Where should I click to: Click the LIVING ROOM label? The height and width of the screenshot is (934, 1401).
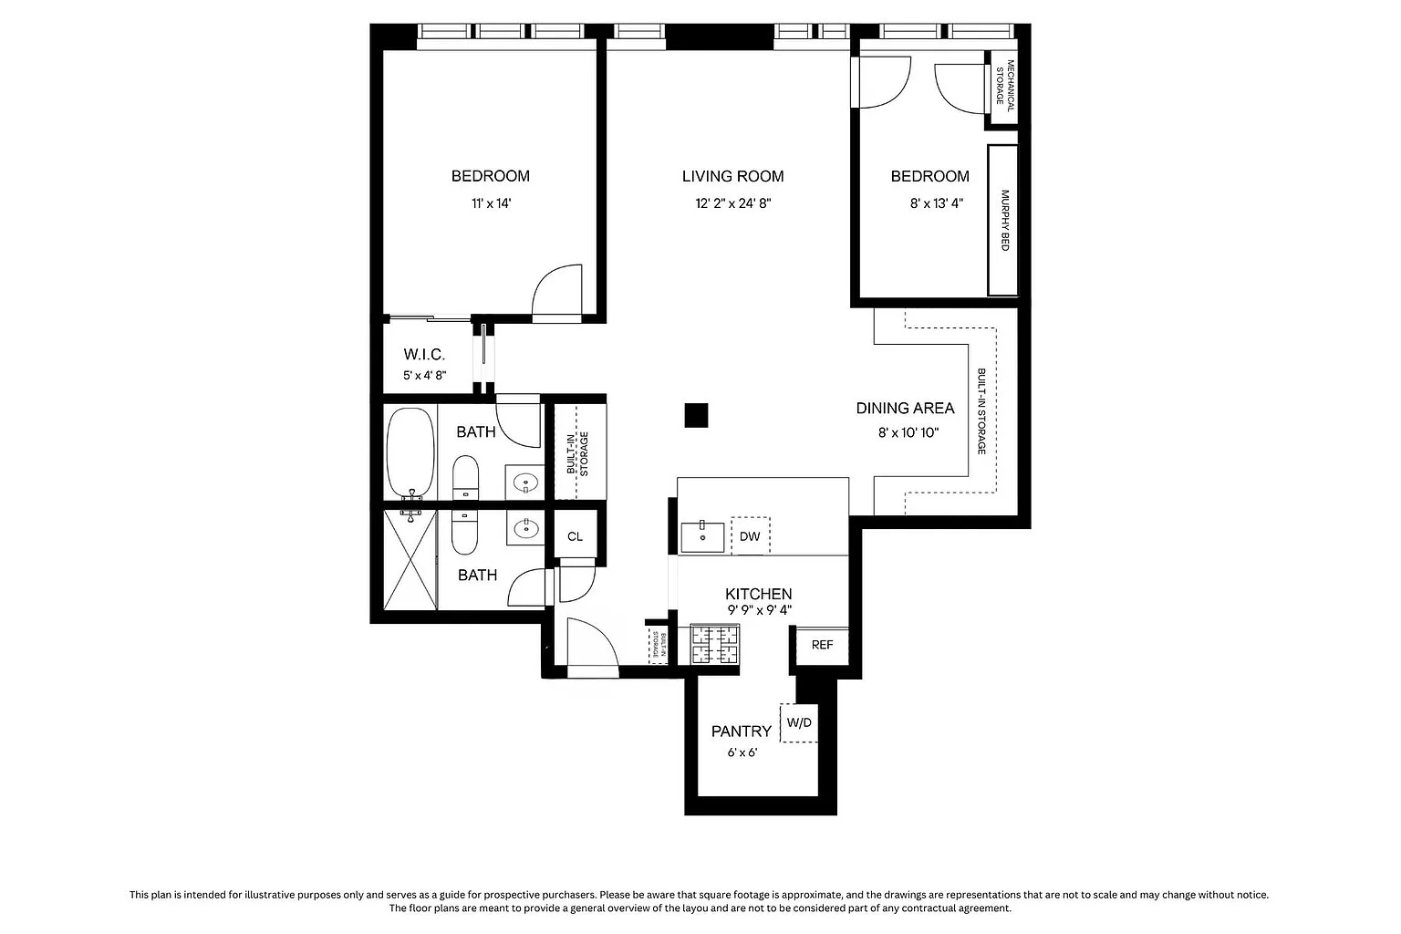732,176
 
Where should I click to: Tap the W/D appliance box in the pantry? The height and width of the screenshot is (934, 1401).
799,723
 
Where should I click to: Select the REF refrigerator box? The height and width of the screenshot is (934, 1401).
822,645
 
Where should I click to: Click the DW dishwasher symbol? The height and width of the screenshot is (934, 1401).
750,536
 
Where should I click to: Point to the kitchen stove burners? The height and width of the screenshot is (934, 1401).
714,644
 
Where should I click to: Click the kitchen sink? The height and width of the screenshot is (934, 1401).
702,536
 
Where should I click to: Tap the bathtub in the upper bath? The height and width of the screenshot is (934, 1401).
410,453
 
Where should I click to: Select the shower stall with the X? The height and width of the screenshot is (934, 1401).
410,560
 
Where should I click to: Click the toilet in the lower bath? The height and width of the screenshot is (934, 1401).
464,533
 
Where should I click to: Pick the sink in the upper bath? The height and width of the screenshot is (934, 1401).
525,483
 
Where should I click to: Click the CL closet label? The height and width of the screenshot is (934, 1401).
575,536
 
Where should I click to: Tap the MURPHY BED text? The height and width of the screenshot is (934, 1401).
1004,220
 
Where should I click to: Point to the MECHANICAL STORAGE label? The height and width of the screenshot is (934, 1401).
1005,82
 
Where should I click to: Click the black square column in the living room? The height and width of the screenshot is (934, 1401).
696,415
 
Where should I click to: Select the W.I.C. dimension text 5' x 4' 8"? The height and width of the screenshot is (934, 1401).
425,376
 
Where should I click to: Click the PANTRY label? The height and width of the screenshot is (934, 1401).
742,732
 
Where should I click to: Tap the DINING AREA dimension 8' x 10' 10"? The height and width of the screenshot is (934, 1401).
908,432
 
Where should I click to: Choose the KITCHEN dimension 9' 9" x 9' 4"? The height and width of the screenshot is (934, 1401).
759,610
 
